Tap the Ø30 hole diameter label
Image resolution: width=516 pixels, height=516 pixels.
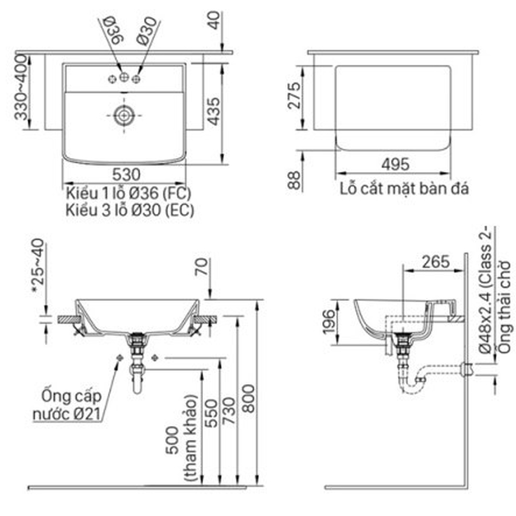(x=145, y=30)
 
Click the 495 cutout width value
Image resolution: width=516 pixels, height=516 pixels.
(x=394, y=165)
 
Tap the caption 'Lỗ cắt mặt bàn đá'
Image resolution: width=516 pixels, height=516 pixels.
(x=404, y=189)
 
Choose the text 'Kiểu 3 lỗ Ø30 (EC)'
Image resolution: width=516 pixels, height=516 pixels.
(x=130, y=210)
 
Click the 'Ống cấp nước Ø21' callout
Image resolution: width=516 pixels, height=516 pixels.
(x=71, y=404)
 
